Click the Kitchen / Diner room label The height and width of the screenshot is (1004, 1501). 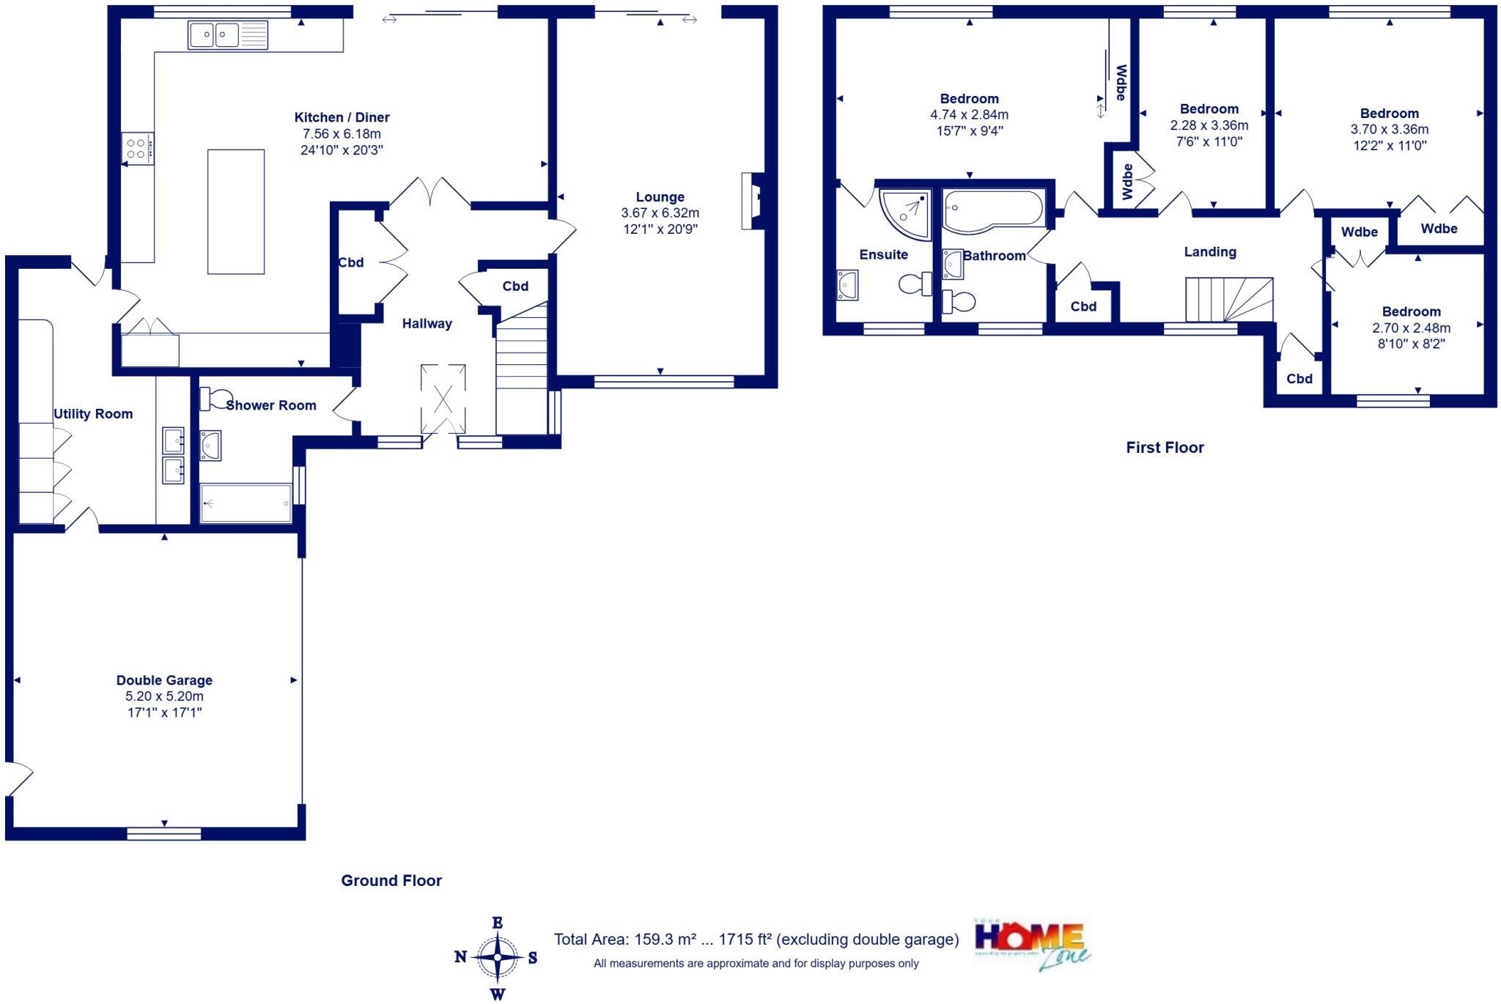click(342, 117)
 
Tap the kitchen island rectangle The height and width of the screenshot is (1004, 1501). click(235, 211)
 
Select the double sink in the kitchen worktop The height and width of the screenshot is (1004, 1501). click(227, 34)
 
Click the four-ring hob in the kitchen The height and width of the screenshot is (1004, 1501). click(138, 148)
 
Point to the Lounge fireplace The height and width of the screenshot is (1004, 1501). click(753, 202)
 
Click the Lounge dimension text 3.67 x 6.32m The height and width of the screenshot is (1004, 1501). click(660, 213)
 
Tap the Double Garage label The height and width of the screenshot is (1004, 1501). click(164, 680)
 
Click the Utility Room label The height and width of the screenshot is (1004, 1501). click(93, 414)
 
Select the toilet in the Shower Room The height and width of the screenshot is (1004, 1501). click(212, 398)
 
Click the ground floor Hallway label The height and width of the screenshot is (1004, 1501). click(427, 324)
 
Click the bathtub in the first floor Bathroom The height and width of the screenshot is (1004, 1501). click(993, 211)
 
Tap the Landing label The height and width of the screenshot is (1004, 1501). click(1210, 252)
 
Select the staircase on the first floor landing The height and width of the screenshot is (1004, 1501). click(1229, 300)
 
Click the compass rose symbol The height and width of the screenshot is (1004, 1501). click(497, 958)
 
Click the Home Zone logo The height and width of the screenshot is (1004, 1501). click(1032, 944)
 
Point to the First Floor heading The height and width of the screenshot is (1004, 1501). click(1165, 448)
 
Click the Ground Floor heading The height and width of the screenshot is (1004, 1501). click(391, 881)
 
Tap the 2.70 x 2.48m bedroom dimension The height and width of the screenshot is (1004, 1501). click(1411, 328)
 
